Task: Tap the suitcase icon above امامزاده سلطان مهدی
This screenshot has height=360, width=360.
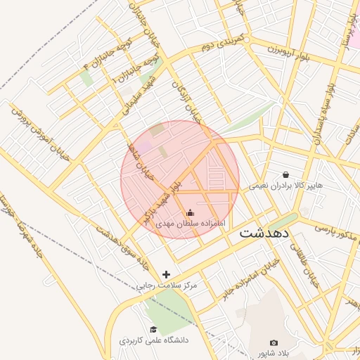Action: coord(189,213)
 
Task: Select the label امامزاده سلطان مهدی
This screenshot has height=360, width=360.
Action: coord(189,223)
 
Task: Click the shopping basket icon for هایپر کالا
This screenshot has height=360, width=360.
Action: coord(285,174)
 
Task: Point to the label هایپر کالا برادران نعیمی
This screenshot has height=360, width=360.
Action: coord(285,186)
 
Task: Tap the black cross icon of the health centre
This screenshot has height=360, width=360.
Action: coord(166,274)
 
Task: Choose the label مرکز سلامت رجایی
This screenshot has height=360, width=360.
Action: coord(167,285)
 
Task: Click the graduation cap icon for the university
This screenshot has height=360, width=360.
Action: coord(153,329)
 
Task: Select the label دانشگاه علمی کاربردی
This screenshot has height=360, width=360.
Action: coord(153,340)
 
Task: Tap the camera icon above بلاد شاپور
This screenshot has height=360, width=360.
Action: coord(274,342)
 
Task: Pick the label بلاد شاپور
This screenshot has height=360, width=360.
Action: coord(274,353)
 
